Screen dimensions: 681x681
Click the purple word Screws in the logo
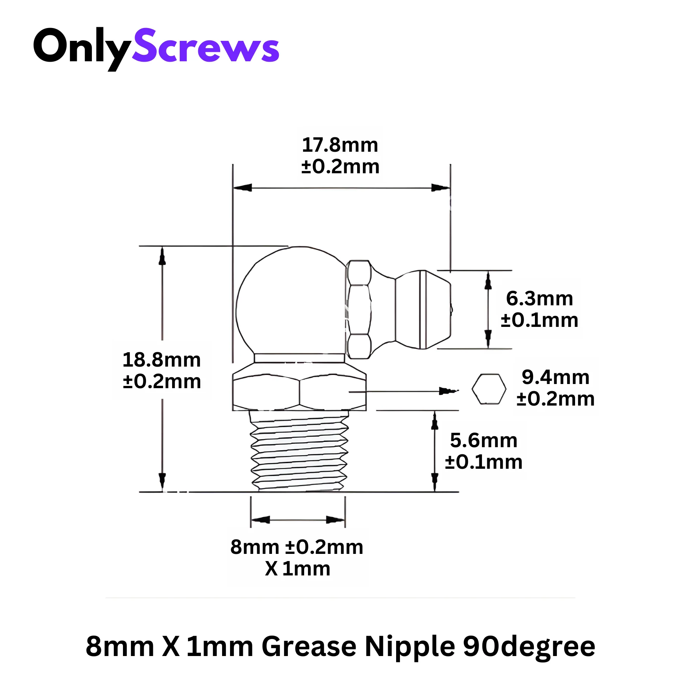coord(205,45)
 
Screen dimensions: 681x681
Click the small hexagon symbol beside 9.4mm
coord(489,389)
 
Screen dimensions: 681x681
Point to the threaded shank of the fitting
coord(299,451)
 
